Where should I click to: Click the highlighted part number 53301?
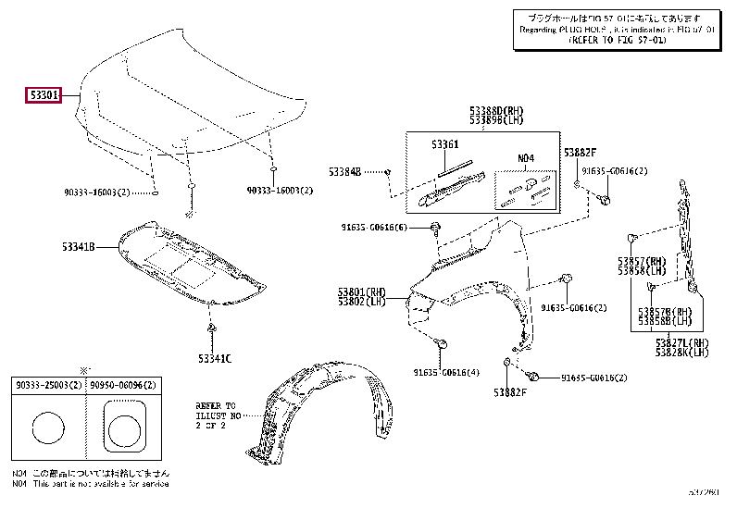coord(44,95)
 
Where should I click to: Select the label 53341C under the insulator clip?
coord(212,357)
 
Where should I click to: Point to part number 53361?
coord(445,145)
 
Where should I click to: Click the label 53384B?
coord(344,172)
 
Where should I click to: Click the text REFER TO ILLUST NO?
coord(216,416)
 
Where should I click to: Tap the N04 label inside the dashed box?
coord(526,158)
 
